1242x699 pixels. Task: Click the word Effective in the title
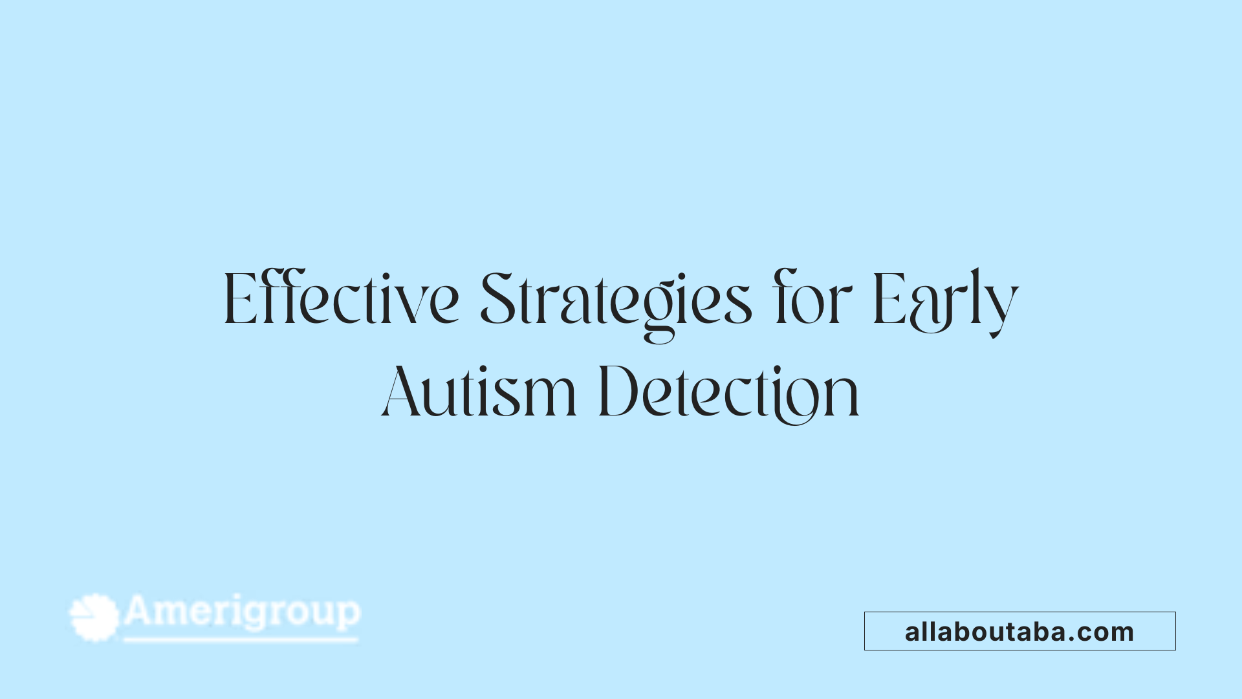[x=341, y=300]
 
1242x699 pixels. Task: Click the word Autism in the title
[x=479, y=392]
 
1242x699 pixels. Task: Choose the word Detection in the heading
[x=729, y=392]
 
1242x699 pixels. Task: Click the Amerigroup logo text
[x=242, y=612]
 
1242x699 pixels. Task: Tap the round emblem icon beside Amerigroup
[x=94, y=617]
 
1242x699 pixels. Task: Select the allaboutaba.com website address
[x=1019, y=632]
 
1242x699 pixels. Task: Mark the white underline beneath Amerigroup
[x=241, y=640]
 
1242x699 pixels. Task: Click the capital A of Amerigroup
[x=140, y=610]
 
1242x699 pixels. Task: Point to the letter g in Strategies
[x=659, y=311]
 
